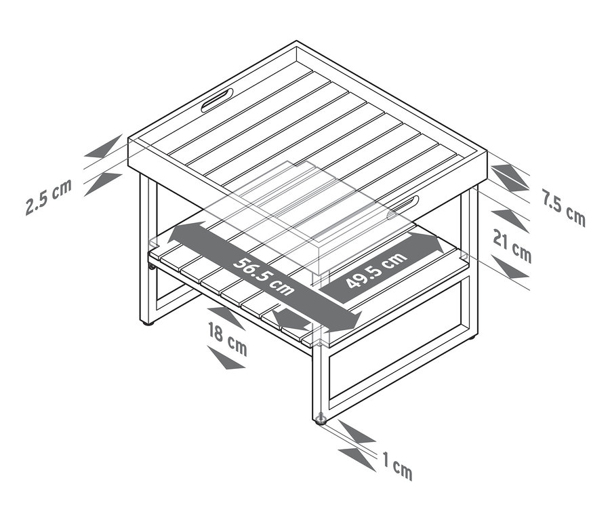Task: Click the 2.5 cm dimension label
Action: click(49, 197)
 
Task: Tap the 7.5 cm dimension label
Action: click(564, 207)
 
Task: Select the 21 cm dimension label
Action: click(512, 245)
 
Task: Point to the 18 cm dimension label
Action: click(228, 338)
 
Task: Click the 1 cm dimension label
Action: click(397, 466)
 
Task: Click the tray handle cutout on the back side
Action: click(217, 100)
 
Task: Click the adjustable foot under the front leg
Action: click(321, 420)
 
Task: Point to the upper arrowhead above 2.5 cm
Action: click(104, 146)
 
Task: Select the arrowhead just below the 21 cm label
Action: click(510, 267)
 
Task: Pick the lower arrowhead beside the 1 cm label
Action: click(357, 460)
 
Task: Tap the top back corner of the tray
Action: click(296, 41)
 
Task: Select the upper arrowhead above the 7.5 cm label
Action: click(510, 177)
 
